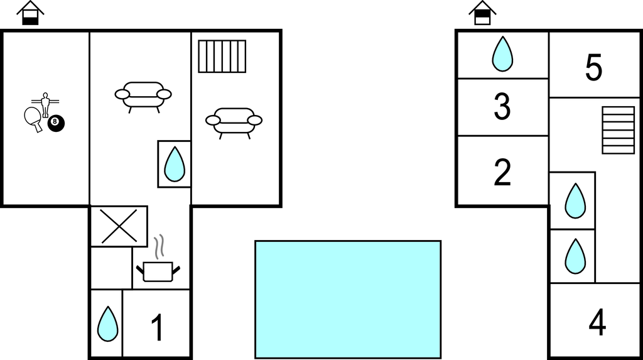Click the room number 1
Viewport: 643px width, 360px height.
(158, 327)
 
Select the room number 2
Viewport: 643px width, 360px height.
(502, 172)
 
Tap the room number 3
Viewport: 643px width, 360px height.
(502, 107)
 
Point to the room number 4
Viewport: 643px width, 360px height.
(597, 322)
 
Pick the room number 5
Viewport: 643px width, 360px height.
(594, 68)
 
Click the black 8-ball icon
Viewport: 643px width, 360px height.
(56, 123)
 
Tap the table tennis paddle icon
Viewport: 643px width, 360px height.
(33, 119)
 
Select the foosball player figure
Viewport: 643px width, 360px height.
(45, 105)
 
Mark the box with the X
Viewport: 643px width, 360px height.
(119, 226)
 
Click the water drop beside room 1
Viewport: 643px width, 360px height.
(108, 324)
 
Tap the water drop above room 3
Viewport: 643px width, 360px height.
(502, 54)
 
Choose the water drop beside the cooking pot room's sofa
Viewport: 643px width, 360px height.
(175, 164)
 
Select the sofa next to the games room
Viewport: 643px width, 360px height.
(143, 96)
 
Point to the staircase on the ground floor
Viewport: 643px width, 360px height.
(222, 57)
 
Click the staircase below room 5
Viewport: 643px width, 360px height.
(619, 130)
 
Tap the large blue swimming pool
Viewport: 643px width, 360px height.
(348, 300)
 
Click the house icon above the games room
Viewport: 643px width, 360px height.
(30, 13)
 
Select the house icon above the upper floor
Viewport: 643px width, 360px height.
(483, 13)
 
